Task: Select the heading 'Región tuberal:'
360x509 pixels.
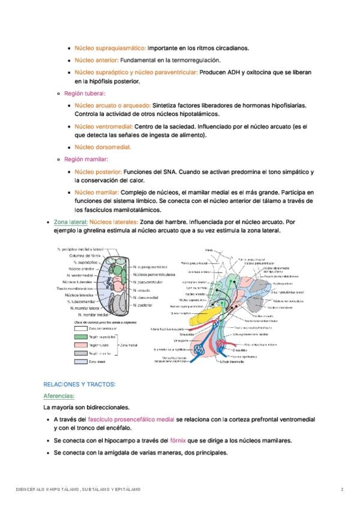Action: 85,94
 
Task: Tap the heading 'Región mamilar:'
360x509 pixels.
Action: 86,159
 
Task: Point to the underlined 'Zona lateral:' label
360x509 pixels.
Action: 70,221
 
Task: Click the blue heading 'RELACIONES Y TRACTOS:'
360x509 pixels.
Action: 79,384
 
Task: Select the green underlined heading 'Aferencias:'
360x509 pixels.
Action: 59,396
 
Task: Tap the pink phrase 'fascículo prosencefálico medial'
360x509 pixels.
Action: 131,420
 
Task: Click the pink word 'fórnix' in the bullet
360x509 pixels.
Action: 178,441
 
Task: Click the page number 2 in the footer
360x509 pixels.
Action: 342,490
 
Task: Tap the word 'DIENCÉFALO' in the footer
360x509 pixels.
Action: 29,490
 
